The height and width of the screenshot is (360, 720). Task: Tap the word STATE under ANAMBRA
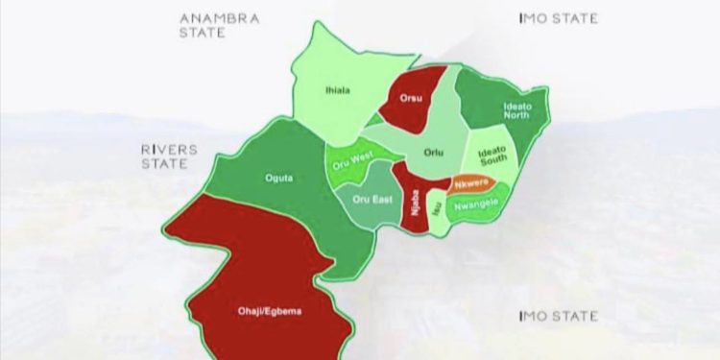(x=203, y=32)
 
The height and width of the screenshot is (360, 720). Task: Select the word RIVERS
(x=169, y=151)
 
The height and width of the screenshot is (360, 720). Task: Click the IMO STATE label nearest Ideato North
(x=558, y=18)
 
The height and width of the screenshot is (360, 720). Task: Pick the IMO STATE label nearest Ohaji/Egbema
(x=558, y=316)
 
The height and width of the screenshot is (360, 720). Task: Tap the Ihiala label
(x=337, y=91)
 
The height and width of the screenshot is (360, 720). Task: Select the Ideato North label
(x=516, y=111)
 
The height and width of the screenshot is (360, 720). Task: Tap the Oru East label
(x=367, y=200)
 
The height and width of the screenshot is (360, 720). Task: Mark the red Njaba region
(x=415, y=202)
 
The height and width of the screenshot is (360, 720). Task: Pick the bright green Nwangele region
(x=477, y=204)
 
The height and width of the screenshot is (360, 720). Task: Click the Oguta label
(x=278, y=177)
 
